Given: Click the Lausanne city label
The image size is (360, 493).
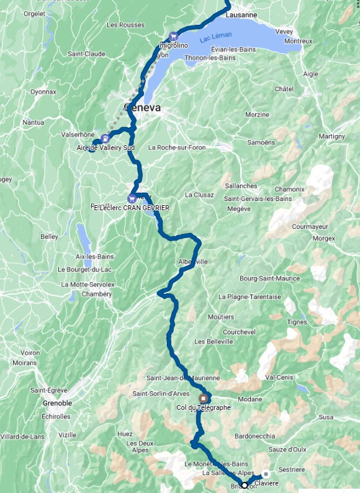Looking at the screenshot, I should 242,14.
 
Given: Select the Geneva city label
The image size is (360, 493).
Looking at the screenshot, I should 143,107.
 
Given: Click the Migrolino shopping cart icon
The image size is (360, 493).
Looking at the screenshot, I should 173,35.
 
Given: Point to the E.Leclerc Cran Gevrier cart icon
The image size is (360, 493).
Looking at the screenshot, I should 132,198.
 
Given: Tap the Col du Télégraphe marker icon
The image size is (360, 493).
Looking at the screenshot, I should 203,399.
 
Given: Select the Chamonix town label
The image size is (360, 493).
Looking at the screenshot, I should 290,189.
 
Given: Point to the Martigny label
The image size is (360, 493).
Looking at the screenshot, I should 332,136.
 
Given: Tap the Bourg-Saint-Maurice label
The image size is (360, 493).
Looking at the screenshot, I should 269,278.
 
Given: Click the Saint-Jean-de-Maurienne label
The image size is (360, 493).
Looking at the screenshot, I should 183,378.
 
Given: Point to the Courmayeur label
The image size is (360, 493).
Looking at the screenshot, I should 309,226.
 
